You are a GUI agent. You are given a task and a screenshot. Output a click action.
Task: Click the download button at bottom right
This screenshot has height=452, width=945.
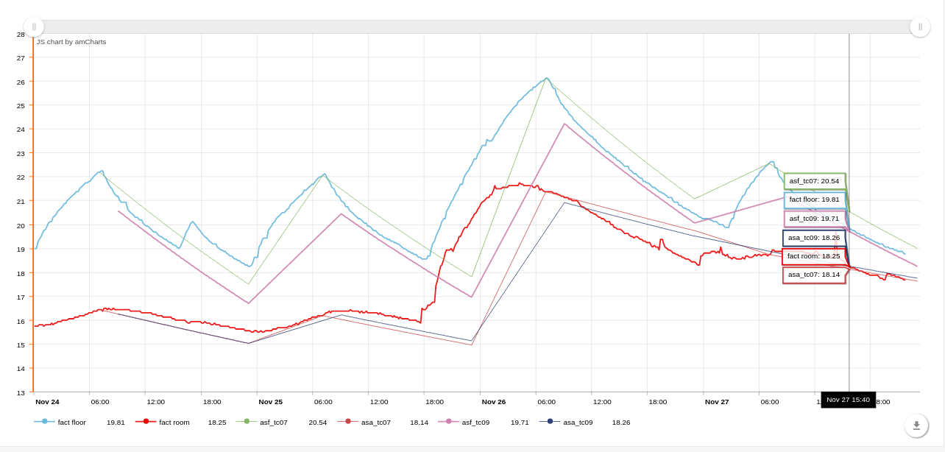click(x=916, y=425)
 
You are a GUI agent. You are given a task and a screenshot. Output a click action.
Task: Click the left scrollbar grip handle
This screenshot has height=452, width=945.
click(x=34, y=27)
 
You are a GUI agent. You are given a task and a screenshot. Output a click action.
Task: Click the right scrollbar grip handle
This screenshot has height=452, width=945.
click(x=920, y=27)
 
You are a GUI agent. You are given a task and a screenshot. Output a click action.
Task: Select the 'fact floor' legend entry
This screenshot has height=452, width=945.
click(x=72, y=422)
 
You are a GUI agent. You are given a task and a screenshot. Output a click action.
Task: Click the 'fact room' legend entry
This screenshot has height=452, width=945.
click(x=174, y=422)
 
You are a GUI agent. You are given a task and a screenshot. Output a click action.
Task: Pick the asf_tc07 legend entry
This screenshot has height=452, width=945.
click(x=273, y=422)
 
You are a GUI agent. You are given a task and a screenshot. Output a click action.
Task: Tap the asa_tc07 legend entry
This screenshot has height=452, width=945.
click(x=375, y=422)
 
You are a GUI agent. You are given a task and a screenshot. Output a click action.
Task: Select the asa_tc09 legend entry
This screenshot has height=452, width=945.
click(x=578, y=422)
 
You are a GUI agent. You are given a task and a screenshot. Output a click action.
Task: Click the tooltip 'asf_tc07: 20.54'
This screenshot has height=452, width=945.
click(x=814, y=181)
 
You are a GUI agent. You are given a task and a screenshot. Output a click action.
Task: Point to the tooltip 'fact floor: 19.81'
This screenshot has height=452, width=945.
click(x=814, y=199)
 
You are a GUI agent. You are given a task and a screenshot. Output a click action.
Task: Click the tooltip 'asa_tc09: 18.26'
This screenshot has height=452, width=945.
click(x=813, y=238)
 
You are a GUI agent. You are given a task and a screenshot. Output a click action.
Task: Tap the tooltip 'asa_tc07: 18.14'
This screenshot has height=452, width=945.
click(x=813, y=275)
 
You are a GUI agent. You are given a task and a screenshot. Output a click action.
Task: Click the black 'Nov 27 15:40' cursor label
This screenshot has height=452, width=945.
click(x=848, y=400)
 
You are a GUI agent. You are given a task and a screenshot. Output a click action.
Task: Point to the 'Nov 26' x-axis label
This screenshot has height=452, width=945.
click(x=494, y=402)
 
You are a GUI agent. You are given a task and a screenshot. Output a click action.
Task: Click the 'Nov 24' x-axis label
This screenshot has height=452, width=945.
click(x=47, y=402)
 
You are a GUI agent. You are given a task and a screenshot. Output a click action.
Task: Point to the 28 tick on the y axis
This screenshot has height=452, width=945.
click(x=21, y=34)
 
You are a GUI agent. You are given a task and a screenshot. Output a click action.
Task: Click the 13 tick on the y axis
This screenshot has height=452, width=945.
click(x=21, y=392)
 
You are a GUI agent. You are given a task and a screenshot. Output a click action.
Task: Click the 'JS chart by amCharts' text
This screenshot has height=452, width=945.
click(x=71, y=42)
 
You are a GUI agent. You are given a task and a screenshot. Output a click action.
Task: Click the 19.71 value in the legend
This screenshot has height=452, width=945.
click(x=520, y=422)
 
